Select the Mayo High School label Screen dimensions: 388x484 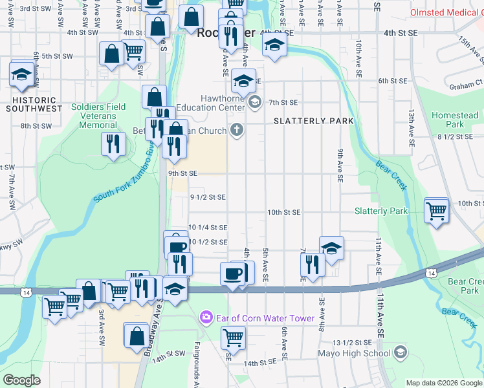tap(354, 353)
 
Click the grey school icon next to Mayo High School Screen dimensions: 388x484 tap(401, 352)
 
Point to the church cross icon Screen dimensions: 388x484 tap(237, 131)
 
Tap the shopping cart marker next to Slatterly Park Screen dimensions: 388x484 tap(437, 210)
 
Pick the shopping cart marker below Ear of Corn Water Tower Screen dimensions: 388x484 tap(233, 337)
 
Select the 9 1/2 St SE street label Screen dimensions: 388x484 tap(208, 197)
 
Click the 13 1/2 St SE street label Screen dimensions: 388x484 tap(352, 342)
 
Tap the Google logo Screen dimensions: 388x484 tap(22, 380)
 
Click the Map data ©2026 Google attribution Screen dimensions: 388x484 tap(443, 383)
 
